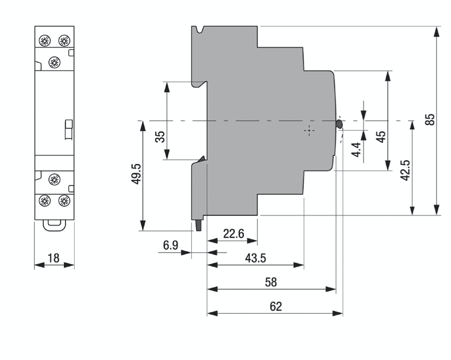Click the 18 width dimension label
pos(54,258)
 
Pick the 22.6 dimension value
pos(233,234)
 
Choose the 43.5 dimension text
pos(255,258)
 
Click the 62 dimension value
pos(275,306)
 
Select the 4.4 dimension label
pos(356,150)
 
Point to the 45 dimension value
pos(381,137)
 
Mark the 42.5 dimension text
pos(406,169)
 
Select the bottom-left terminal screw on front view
pos(44,201)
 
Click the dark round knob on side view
pos(339,124)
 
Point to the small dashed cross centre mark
pos(310,131)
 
